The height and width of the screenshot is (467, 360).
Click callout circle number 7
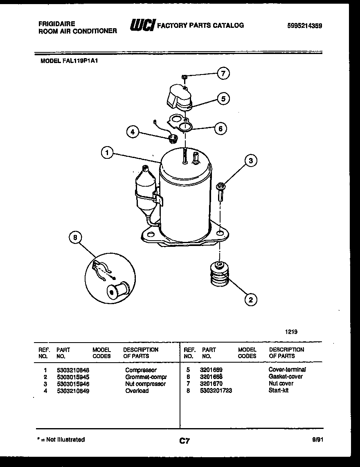coord(223,74)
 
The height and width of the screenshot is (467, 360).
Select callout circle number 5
coord(223,98)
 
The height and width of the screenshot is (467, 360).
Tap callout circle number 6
coord(220,128)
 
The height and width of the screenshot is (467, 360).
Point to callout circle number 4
coord(132,132)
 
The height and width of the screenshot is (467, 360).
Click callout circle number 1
coord(107,153)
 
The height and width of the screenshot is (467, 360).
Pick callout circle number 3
coord(251,161)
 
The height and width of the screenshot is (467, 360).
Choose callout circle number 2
coord(250,300)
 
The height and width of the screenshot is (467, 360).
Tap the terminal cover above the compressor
coord(179,96)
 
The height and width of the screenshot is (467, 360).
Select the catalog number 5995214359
coord(305,25)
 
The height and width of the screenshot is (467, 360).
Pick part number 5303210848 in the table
coord(73,370)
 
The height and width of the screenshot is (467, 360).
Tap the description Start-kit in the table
coord(279,390)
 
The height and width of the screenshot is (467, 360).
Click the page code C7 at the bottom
coord(184,441)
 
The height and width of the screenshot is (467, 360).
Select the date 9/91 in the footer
coord(317,440)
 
